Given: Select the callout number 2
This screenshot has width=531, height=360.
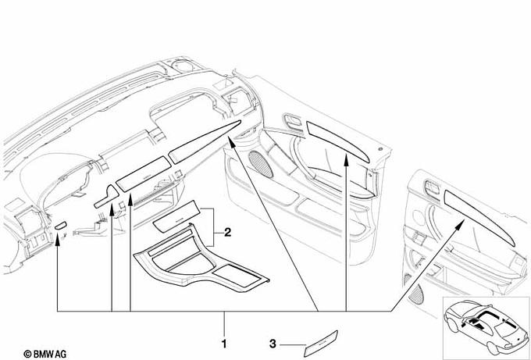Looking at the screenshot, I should pos(227,232).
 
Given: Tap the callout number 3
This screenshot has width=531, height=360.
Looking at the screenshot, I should pos(273,342).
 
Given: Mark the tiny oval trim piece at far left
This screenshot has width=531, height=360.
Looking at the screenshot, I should pos(61,226).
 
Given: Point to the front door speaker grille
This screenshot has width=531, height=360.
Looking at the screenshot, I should pos(255,164).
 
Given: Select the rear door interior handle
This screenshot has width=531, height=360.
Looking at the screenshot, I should pos(427,188).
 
